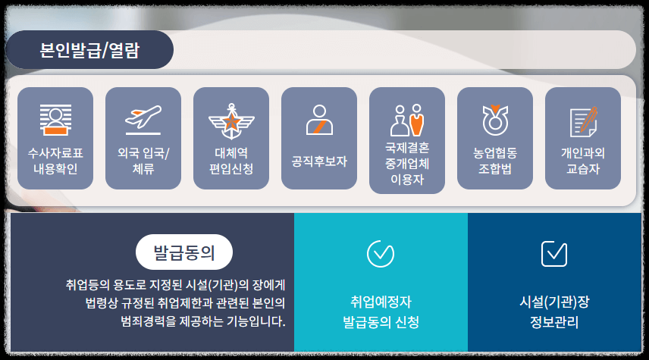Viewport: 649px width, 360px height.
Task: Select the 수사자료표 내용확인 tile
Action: click(55, 138)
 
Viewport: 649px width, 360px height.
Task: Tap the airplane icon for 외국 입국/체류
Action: click(143, 120)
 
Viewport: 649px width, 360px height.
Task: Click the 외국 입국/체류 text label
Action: click(143, 161)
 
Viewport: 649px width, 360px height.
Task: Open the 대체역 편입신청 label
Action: click(231, 161)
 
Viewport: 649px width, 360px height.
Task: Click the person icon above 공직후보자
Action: click(319, 120)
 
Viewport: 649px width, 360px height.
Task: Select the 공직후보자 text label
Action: click(319, 161)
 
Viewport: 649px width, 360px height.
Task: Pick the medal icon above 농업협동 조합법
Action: click(495, 120)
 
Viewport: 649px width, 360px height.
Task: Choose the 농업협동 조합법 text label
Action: click(495, 161)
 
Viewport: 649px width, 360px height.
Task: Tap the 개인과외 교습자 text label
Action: click(583, 161)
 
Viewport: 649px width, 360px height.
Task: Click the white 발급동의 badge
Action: click(184, 252)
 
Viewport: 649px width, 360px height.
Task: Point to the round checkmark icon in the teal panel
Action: click(380, 253)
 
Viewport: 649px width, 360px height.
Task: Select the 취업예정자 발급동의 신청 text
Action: click(381, 311)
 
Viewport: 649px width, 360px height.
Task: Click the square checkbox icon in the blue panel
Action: click(554, 253)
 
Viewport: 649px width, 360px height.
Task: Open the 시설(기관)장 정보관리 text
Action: click(554, 311)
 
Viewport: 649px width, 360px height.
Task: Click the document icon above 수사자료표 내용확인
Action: click(55, 119)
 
